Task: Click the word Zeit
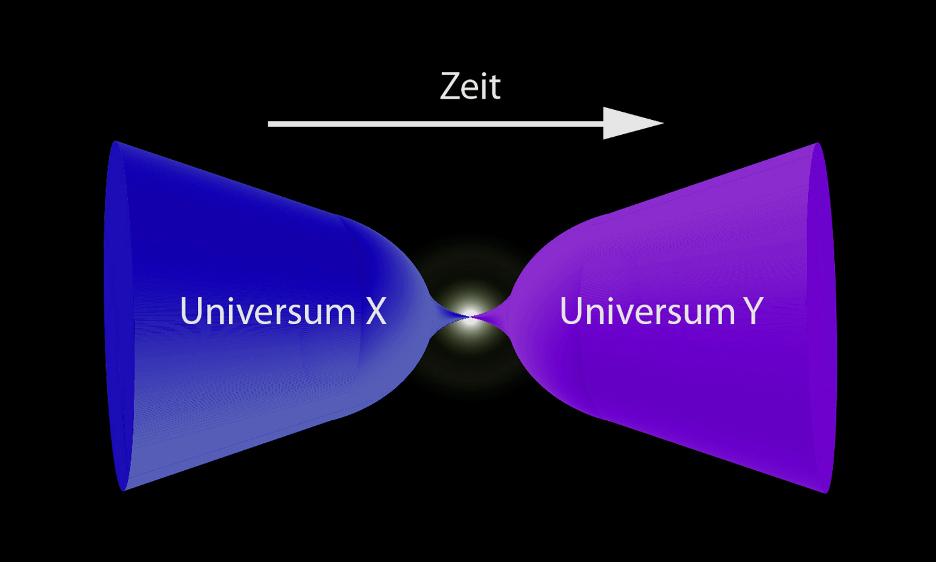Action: (470, 86)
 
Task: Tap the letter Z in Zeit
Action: (451, 86)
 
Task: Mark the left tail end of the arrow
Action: (270, 124)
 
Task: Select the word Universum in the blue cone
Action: (267, 311)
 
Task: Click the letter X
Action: (376, 311)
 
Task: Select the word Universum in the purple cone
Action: (647, 311)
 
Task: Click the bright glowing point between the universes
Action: (470, 315)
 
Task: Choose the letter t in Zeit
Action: (494, 87)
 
